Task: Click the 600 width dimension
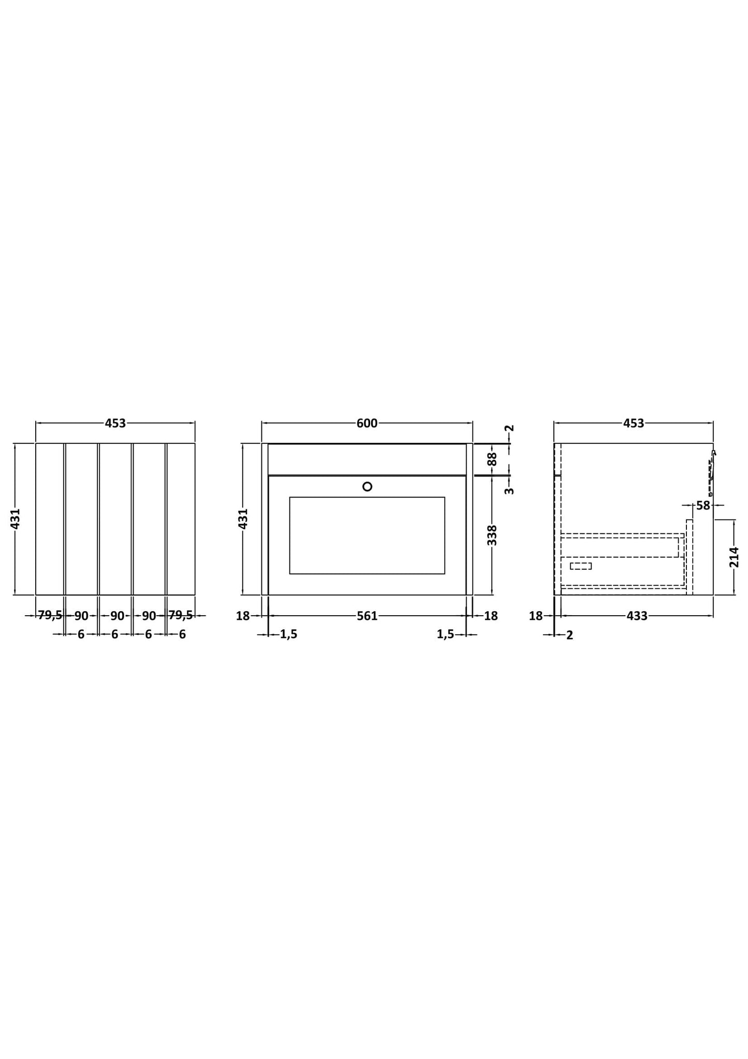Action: (x=367, y=423)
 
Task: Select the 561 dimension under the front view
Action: (x=367, y=616)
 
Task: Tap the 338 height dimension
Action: (x=492, y=535)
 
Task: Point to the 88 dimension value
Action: (x=492, y=459)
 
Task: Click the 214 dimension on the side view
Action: (x=734, y=557)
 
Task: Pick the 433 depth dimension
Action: (x=637, y=616)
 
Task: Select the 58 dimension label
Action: (x=703, y=505)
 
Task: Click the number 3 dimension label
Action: (x=509, y=491)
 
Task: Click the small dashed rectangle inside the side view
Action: (x=581, y=566)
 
